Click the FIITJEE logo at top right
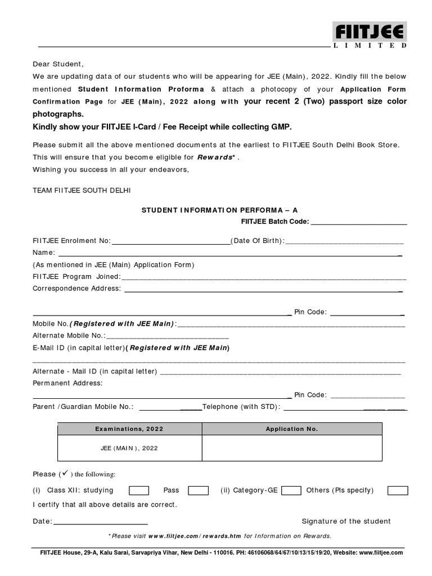click(x=370, y=35)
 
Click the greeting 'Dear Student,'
click(x=58, y=64)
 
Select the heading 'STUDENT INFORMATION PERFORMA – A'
click(x=219, y=210)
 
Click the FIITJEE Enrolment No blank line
click(x=171, y=241)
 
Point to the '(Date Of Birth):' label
click(x=259, y=241)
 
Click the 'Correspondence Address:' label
click(x=76, y=289)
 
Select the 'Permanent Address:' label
click(x=67, y=383)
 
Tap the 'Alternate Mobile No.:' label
click(x=69, y=336)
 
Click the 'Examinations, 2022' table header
click(x=129, y=429)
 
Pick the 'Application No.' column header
click(x=291, y=429)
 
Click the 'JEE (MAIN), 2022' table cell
click(x=129, y=448)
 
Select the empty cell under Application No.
click(x=291, y=448)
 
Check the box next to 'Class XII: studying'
click(x=139, y=490)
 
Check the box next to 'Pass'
click(x=198, y=490)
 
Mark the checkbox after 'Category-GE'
click(x=291, y=490)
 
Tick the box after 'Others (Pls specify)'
click(x=398, y=490)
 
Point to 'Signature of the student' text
click(x=346, y=521)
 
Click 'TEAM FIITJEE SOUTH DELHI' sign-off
click(x=82, y=191)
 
